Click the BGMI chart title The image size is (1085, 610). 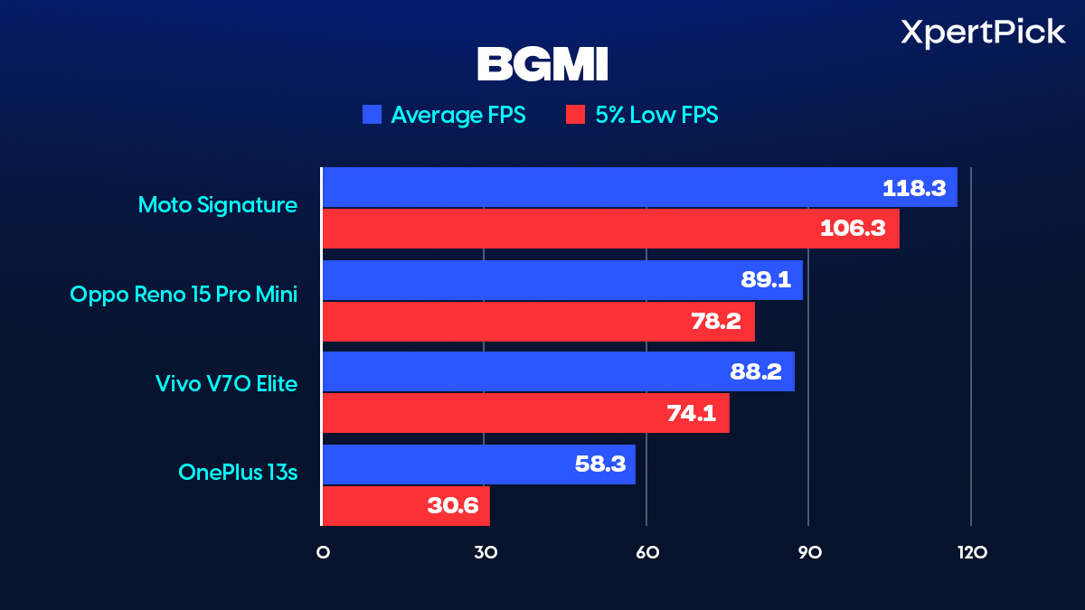[542, 64]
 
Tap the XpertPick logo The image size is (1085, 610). [983, 33]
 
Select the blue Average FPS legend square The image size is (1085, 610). [372, 115]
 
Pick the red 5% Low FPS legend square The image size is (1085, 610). [575, 115]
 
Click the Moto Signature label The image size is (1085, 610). [217, 205]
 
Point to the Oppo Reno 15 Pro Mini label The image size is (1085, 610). [184, 295]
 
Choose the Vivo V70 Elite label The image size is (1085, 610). [226, 384]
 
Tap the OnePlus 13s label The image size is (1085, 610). [238, 472]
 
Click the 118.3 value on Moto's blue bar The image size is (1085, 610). [913, 188]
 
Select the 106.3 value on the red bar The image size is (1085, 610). [853, 229]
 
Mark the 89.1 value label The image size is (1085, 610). [766, 280]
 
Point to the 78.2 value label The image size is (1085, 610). [716, 321]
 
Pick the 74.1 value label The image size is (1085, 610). [691, 413]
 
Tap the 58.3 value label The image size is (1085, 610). [599, 465]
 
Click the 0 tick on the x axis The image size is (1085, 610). [323, 552]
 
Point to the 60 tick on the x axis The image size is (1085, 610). [646, 552]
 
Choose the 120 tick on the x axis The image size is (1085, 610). [971, 552]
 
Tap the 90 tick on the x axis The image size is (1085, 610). [808, 552]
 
